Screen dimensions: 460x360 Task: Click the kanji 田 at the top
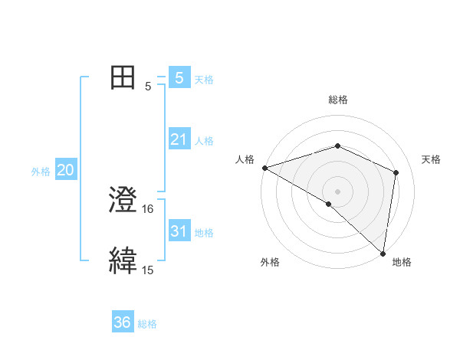(x=123, y=77)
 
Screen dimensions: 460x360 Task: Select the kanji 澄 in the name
(x=123, y=201)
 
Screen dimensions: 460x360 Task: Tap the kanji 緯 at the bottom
(x=123, y=260)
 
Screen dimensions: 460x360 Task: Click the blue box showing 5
(x=179, y=78)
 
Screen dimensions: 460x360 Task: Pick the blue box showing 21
(x=179, y=139)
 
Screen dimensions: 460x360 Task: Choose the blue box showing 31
(x=179, y=231)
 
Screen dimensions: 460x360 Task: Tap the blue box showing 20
(x=65, y=170)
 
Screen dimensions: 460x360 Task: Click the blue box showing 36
(x=123, y=322)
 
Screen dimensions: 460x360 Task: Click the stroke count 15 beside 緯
(x=148, y=270)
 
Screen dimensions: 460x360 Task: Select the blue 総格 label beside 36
(x=147, y=324)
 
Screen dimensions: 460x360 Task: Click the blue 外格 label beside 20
(x=41, y=172)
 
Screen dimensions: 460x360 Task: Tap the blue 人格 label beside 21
(x=204, y=141)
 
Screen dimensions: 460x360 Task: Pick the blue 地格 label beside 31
(x=204, y=232)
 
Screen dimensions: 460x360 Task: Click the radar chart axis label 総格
(x=337, y=100)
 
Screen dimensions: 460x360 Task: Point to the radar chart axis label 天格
(x=431, y=159)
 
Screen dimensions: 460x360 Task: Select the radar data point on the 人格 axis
(x=264, y=168)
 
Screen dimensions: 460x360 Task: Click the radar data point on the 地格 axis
(x=382, y=252)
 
